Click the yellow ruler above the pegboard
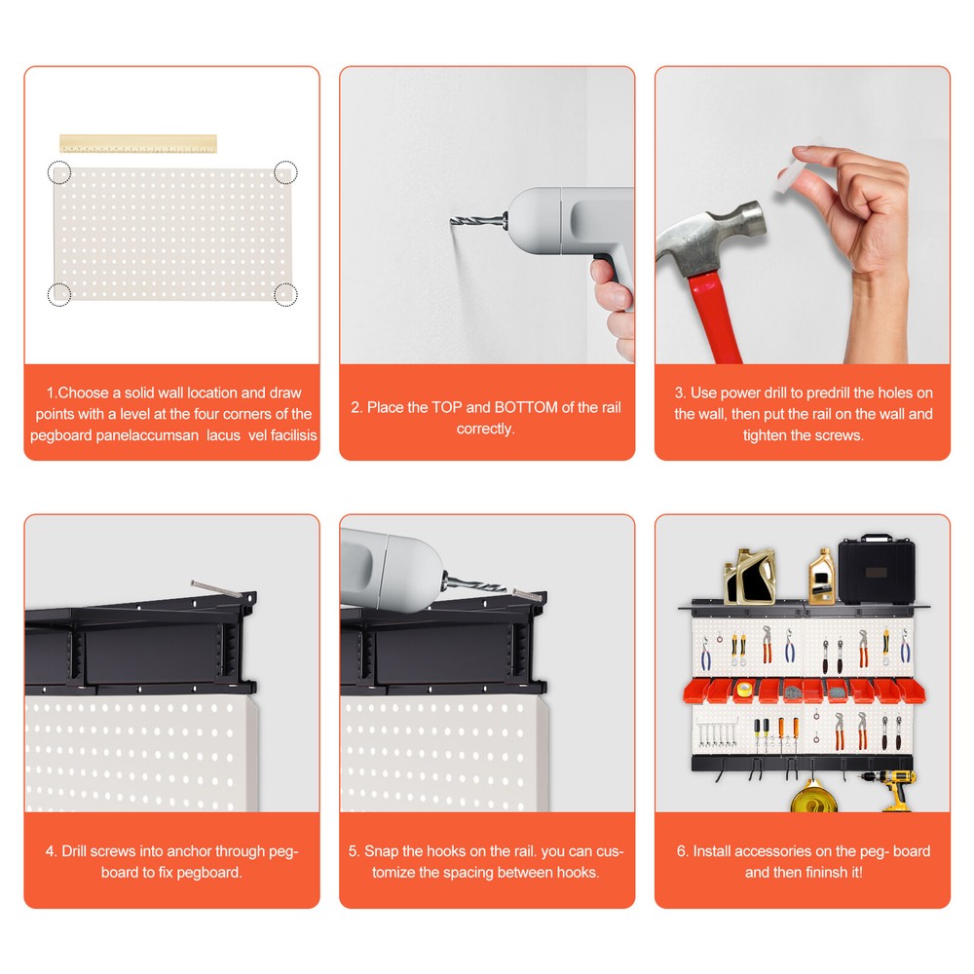[x=137, y=143]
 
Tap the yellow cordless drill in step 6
[x=897, y=789]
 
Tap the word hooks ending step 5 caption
[x=578, y=872]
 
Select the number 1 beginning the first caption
[x=50, y=393]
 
